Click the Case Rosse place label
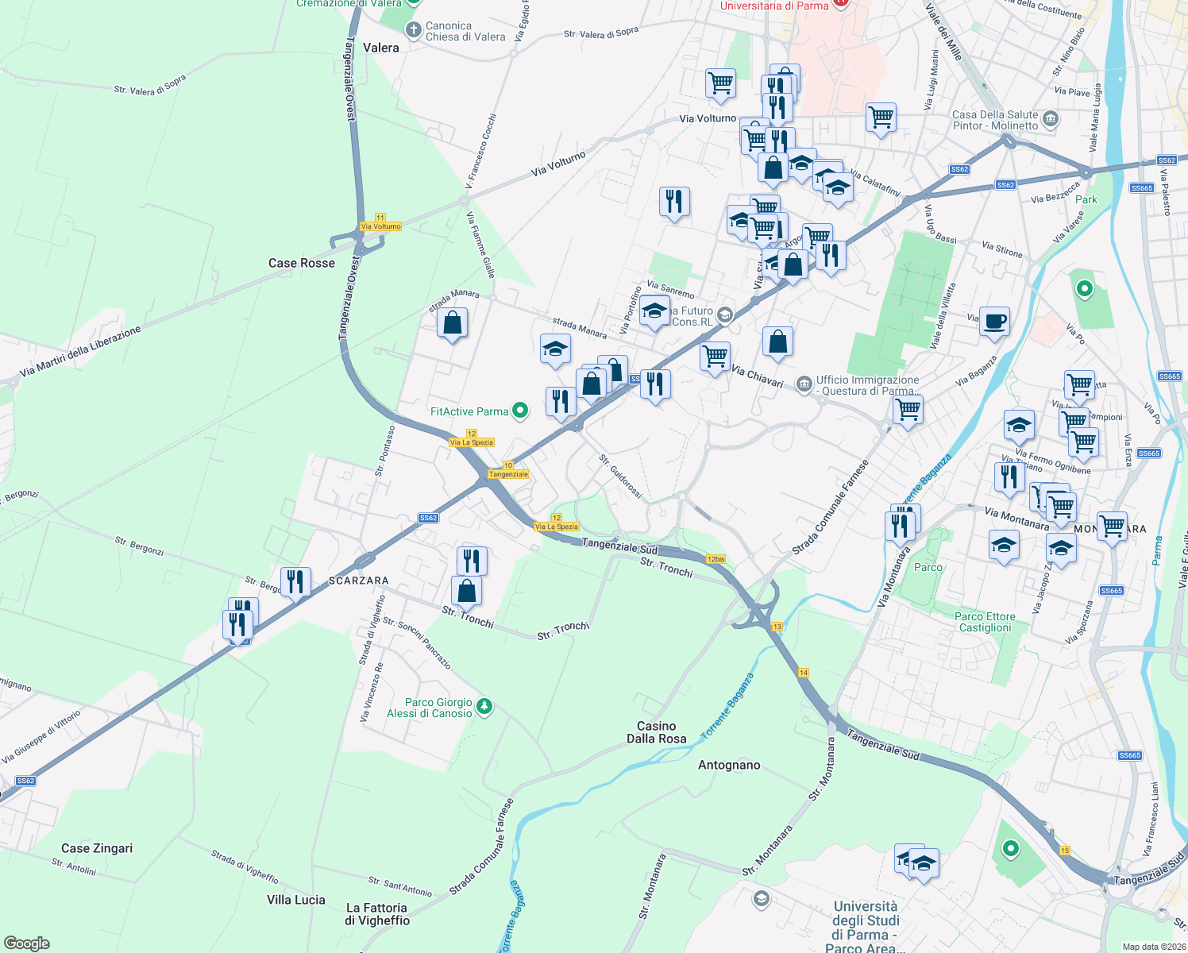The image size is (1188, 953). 301,263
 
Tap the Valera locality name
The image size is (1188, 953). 380,48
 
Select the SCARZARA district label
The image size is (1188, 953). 359,581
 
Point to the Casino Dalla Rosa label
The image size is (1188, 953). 656,732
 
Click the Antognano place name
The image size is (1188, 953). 729,765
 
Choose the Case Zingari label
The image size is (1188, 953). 97,848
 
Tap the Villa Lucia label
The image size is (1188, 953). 295,900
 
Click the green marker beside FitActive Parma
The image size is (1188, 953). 520,411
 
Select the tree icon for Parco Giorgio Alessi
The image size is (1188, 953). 484,706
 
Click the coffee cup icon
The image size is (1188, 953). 994,322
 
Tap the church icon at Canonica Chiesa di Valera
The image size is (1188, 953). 413,31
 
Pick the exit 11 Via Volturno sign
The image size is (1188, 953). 380,222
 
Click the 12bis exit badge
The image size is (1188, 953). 715,559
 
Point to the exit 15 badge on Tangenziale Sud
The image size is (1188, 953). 1064,851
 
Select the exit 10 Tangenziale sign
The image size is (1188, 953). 508,470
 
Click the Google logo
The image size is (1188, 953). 27,943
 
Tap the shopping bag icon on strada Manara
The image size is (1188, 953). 452,323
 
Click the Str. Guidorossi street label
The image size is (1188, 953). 620,476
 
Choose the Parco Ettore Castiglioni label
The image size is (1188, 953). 985,622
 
